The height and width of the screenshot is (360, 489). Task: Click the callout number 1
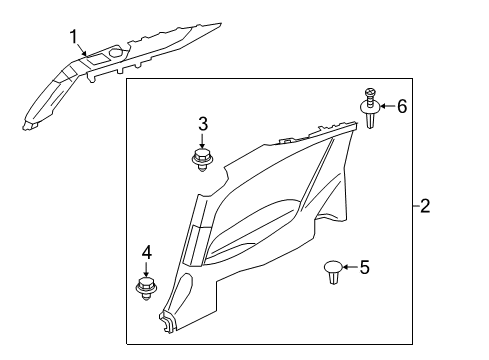tap(73, 38)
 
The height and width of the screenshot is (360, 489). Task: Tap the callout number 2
tap(425, 207)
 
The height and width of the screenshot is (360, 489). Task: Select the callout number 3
tap(202, 124)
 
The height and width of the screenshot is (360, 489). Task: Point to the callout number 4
tap(146, 254)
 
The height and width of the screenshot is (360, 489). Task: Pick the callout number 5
tap(364, 267)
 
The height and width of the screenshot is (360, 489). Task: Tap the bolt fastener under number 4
tap(146, 290)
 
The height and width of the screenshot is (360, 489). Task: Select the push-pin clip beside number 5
tap(334, 271)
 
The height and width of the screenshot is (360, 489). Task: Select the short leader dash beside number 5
tap(351, 267)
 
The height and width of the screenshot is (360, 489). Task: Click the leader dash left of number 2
tap(412, 207)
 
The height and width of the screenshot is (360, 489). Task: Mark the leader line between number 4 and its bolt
tap(146, 271)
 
